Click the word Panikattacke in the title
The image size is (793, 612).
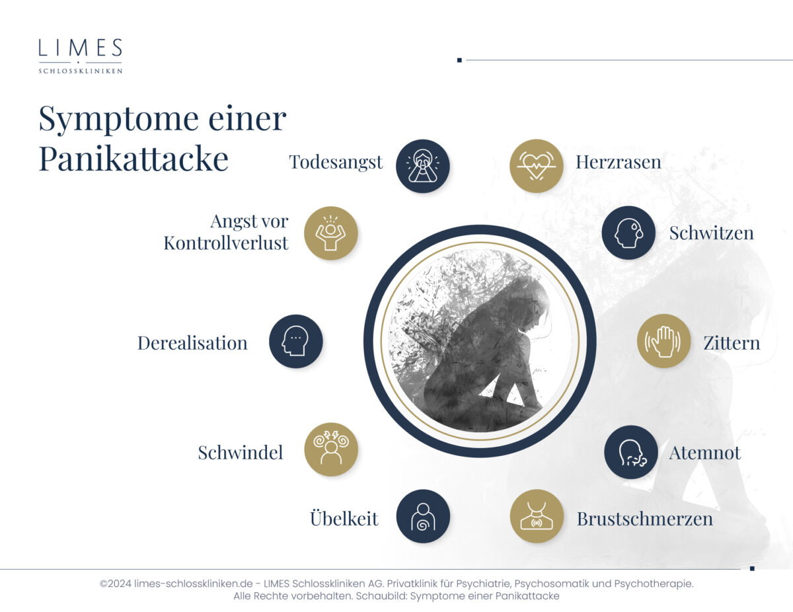(x=133, y=159)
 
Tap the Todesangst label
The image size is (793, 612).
(x=336, y=163)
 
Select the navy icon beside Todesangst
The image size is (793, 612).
(x=422, y=166)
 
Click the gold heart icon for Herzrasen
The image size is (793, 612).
(x=536, y=166)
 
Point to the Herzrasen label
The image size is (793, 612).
(x=618, y=162)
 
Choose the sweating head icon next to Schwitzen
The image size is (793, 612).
(x=628, y=233)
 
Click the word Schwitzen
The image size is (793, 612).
(x=711, y=233)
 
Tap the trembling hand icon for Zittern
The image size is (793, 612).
(x=664, y=341)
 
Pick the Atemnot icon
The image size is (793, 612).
(x=631, y=452)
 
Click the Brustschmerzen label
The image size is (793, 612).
(x=644, y=519)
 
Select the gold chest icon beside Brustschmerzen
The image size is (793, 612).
(x=537, y=516)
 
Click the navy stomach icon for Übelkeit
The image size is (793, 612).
(x=423, y=516)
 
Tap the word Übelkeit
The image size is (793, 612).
(x=344, y=517)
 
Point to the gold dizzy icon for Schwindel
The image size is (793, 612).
(x=331, y=449)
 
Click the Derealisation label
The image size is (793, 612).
(x=192, y=343)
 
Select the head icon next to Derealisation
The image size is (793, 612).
(x=295, y=341)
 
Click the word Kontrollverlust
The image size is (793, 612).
(x=226, y=243)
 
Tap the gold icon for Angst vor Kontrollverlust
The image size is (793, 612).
(x=330, y=233)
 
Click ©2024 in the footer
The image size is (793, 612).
(x=116, y=584)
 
